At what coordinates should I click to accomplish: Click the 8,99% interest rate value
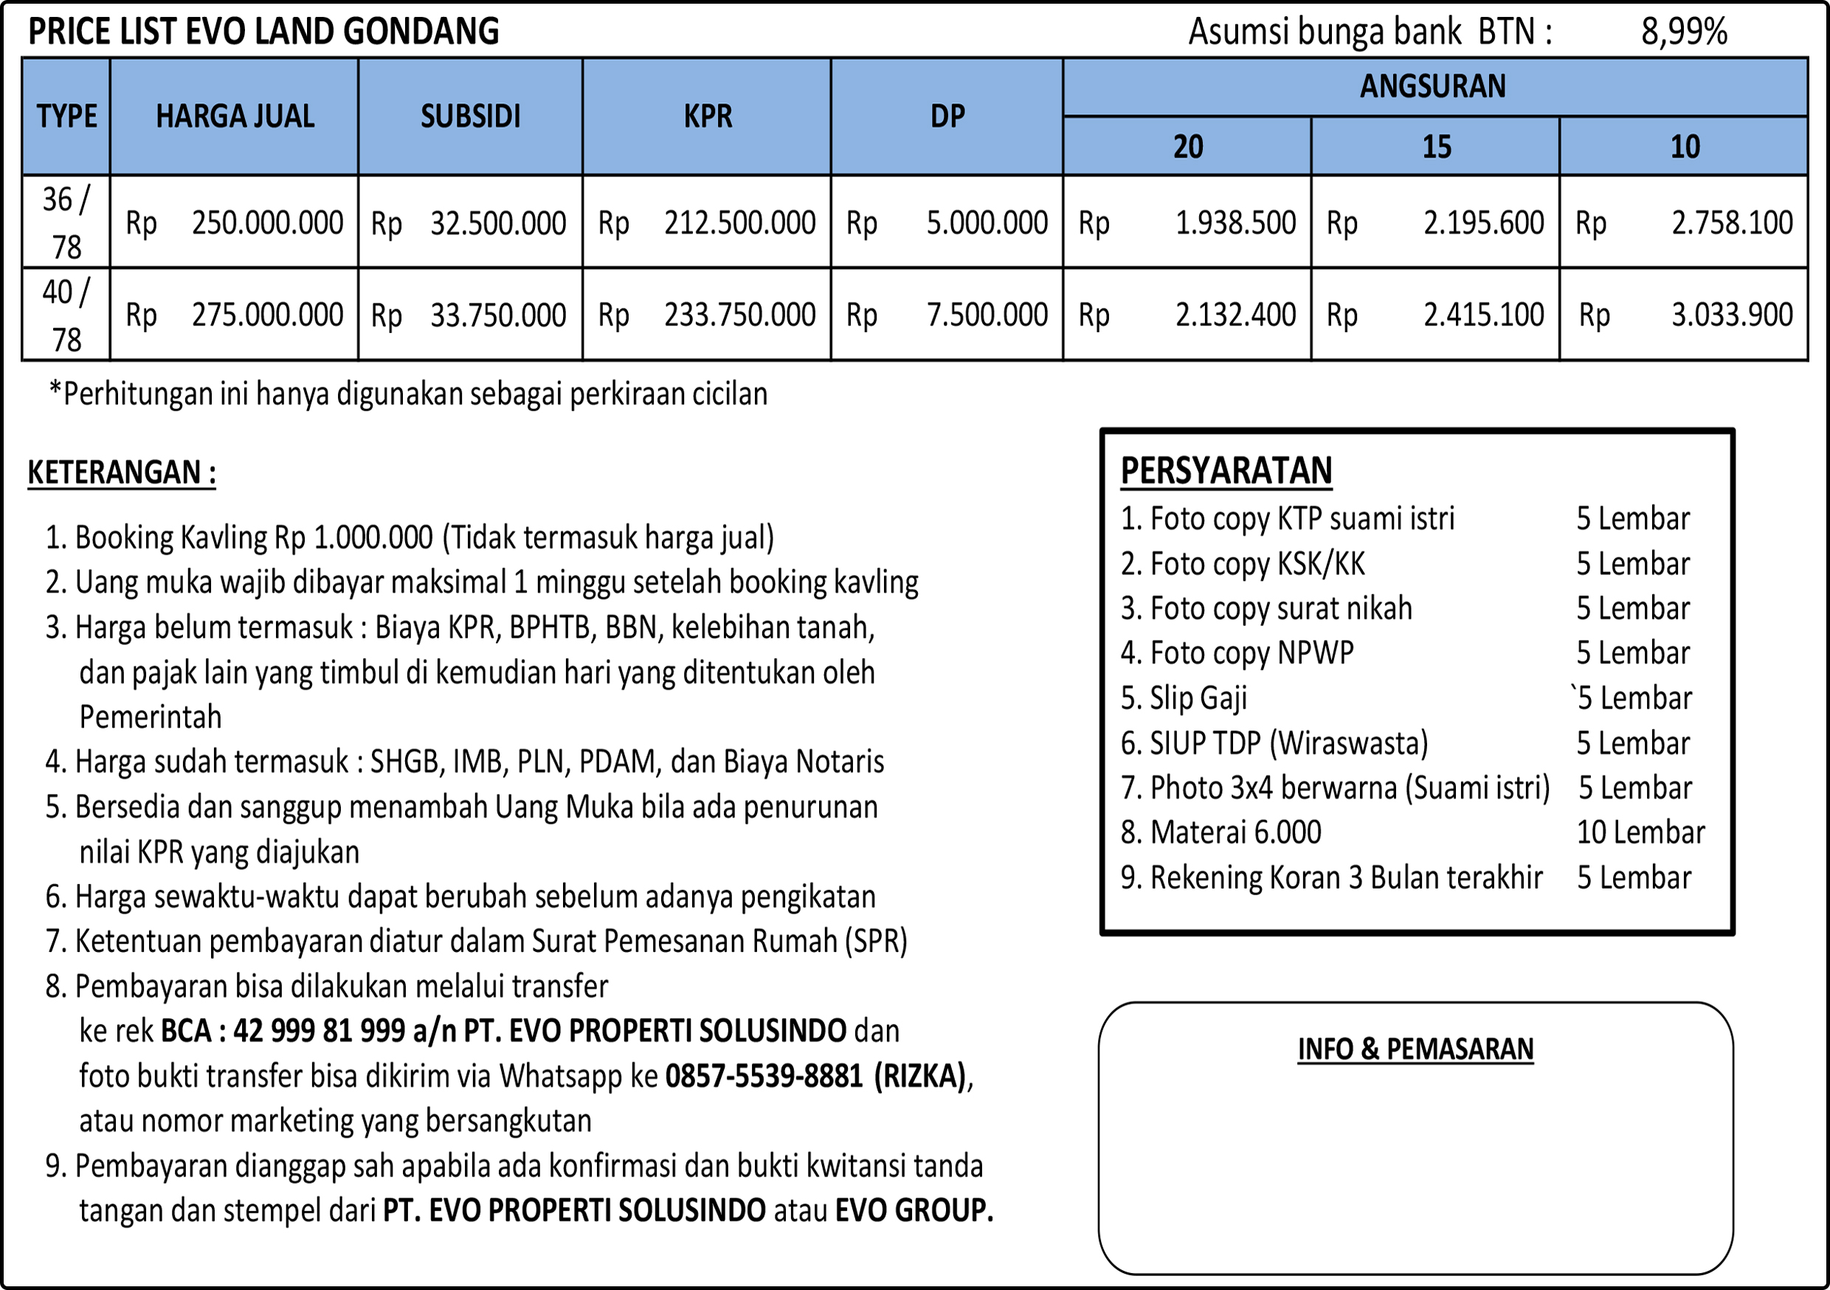1683,32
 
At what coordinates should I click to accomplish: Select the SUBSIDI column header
470,117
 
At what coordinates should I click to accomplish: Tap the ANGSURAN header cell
1433,86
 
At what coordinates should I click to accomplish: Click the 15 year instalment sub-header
1436,147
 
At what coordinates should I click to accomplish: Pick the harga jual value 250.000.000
267,223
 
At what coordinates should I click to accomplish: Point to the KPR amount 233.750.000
739,315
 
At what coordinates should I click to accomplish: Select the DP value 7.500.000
987,315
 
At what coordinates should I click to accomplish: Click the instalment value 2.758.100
1732,223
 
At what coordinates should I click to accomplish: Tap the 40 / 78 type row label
66,315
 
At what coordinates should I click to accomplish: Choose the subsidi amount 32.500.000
498,223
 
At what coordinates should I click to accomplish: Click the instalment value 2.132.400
1235,315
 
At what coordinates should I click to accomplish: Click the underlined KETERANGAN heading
121,473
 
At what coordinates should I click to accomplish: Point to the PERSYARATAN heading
1226,470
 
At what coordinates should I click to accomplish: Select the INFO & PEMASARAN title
1415,1049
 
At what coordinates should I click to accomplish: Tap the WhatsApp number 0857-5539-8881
764,1076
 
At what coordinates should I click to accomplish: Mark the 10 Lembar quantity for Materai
1640,832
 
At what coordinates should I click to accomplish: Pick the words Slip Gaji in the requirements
1198,698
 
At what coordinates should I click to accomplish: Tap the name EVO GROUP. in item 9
914,1210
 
